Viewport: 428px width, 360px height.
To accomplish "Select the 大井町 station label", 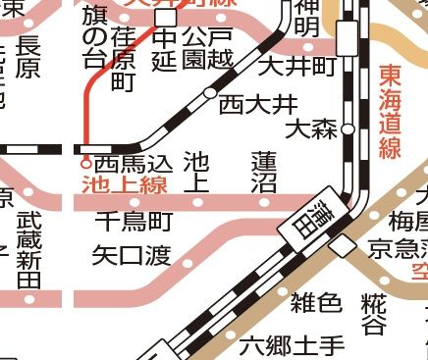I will pyautogui.click(x=297, y=66).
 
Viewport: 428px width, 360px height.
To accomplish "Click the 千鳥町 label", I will pyautogui.click(x=134, y=221).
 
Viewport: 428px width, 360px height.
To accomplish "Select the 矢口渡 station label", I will pyautogui.click(x=131, y=256).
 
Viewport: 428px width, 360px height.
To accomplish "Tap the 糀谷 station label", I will pyautogui.click(x=373, y=313).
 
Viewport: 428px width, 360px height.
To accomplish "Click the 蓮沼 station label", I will pyautogui.click(x=262, y=173).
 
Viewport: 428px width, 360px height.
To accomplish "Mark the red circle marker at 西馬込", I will pyautogui.click(x=85, y=164).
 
